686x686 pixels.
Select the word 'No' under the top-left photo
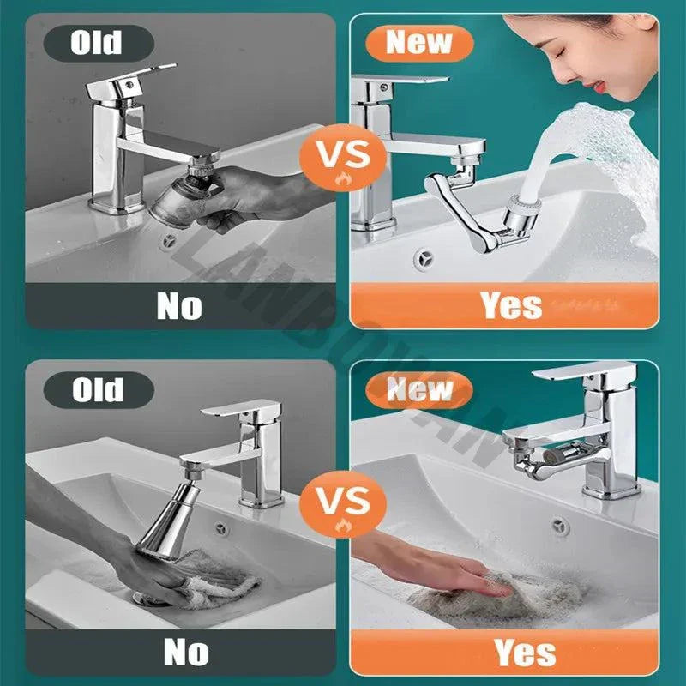(x=178, y=305)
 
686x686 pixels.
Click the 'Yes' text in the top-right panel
(x=511, y=305)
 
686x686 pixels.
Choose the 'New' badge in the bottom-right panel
(x=418, y=390)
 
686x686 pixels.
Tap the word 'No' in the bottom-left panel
(x=186, y=653)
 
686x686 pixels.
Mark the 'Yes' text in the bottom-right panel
(x=523, y=653)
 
